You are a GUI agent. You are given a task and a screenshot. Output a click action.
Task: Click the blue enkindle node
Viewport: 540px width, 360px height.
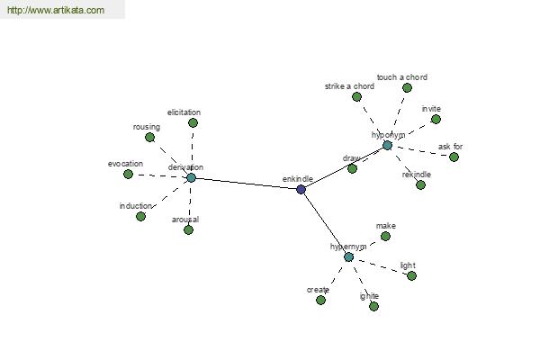point(301,189)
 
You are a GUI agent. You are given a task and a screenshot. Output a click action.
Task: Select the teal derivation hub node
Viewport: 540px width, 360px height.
point(191,178)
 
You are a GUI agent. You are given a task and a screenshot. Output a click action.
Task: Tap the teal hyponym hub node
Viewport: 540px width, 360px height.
point(387,146)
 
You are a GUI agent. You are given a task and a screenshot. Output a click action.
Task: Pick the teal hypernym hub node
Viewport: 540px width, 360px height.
point(348,257)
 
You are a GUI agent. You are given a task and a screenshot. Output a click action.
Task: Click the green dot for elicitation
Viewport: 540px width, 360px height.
point(193,122)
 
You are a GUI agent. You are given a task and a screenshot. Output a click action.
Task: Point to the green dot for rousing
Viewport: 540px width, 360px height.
point(149,138)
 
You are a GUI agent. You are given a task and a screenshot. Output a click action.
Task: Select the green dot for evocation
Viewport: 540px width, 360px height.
point(128,174)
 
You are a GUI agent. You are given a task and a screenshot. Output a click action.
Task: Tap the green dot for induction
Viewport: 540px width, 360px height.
point(140,216)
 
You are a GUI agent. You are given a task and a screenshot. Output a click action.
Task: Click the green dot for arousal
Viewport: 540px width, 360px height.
point(188,229)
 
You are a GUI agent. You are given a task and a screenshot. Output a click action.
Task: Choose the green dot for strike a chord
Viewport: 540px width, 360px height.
point(356,97)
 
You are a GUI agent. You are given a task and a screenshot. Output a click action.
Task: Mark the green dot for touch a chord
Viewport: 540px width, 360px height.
point(407,88)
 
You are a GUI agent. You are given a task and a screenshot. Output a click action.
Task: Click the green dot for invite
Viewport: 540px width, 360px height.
point(436,119)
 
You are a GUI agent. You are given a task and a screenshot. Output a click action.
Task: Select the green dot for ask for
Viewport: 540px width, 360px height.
point(454,157)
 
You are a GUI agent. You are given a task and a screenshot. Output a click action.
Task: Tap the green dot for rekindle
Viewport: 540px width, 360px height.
point(420,185)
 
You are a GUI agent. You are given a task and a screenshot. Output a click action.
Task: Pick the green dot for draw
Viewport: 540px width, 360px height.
point(352,168)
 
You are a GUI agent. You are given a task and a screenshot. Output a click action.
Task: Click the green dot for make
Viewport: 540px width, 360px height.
point(385,236)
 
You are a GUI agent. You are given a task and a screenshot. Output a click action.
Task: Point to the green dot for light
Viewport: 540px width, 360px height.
point(411,275)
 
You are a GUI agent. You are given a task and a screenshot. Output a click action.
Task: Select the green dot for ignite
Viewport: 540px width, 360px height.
point(373,306)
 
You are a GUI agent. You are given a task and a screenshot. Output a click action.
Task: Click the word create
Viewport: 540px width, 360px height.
point(318,290)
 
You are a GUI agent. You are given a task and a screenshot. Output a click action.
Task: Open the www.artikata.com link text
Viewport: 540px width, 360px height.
point(56,10)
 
